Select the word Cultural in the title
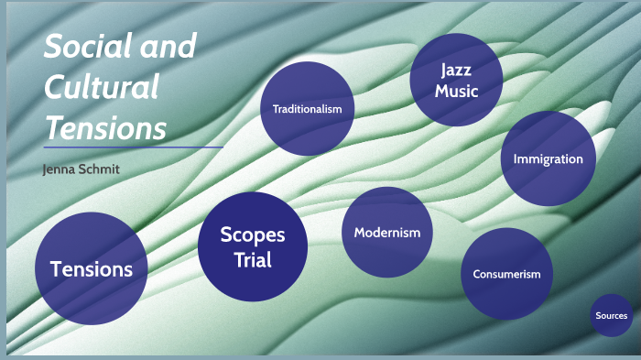click(102, 88)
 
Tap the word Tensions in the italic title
click(106, 128)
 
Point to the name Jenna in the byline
click(60, 170)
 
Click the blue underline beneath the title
click(133, 147)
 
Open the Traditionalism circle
click(308, 108)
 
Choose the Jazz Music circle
click(456, 80)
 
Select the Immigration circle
click(548, 158)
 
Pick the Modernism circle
click(387, 233)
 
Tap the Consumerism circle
click(506, 274)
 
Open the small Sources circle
click(611, 316)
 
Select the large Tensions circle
click(91, 269)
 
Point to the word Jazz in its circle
click(456, 70)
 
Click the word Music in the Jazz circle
click(456, 91)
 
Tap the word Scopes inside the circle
click(252, 235)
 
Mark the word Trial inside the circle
click(252, 260)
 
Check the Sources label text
click(611, 316)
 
